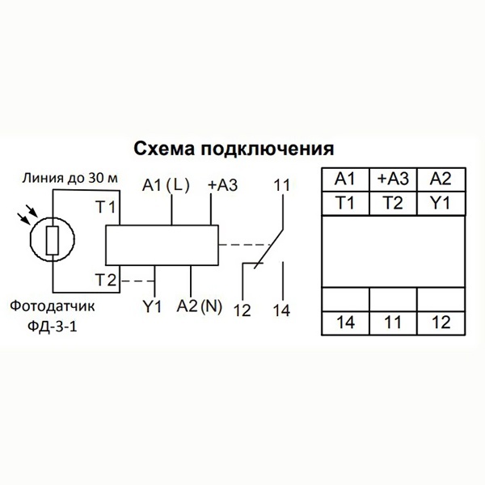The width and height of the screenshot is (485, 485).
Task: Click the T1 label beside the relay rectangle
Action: pos(106,209)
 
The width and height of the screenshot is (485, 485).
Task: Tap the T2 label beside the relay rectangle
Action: pos(106,280)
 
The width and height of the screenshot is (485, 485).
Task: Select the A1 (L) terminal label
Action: pos(164,185)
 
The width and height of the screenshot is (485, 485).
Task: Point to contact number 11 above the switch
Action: pos(281,184)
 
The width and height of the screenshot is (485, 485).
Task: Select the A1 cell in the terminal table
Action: pos(345,179)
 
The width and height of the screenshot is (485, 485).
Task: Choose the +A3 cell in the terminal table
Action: pos(392,179)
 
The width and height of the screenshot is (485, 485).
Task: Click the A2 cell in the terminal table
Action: pos(440,179)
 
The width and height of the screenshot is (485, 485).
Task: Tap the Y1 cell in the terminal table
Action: pos(440,203)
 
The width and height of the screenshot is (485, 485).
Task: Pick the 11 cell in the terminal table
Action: pos(392,323)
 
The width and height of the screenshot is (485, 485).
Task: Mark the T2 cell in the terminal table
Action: pos(392,203)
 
